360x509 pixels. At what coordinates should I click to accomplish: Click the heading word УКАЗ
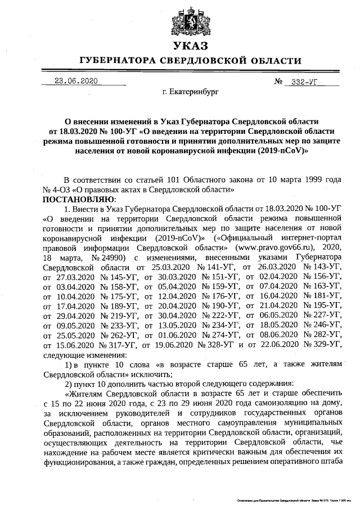point(190,45)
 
